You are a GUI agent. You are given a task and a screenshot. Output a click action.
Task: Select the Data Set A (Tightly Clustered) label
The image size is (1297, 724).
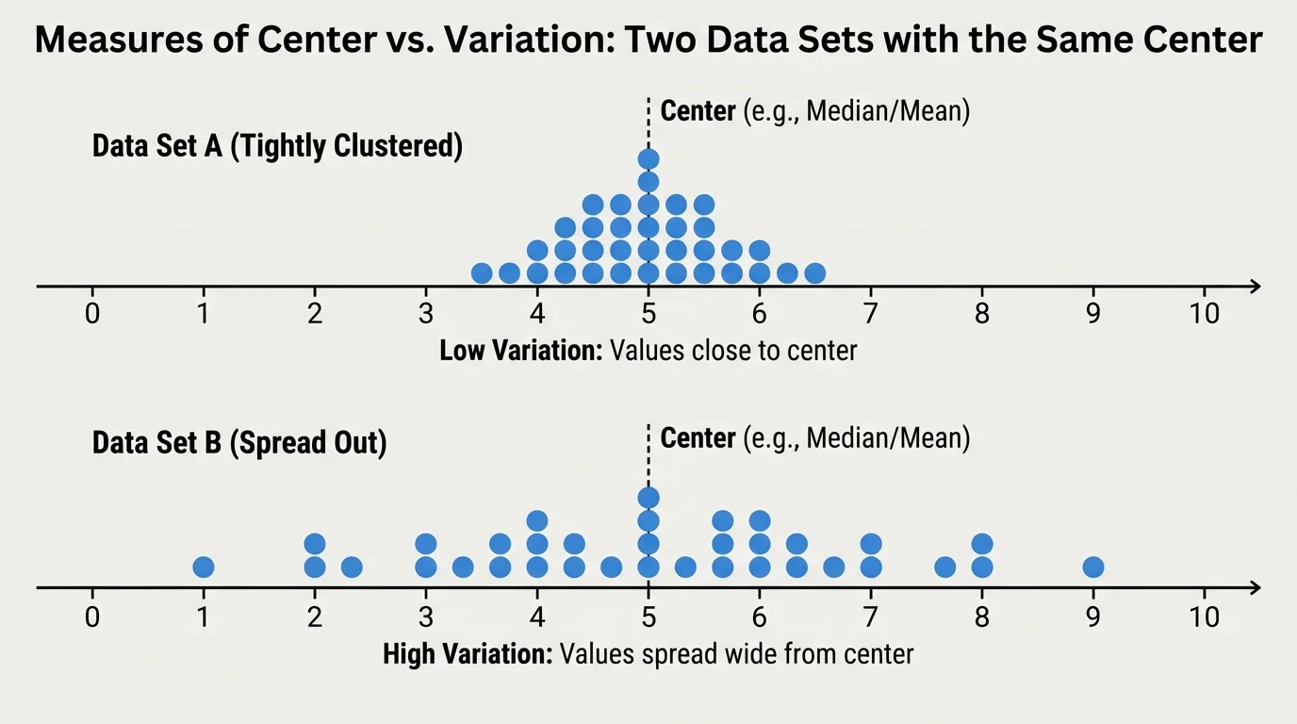pos(277,147)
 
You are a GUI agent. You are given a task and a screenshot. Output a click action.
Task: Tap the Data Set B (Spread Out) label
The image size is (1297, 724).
pos(239,444)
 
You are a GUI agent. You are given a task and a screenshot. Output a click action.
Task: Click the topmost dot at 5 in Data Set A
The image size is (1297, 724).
pos(648,158)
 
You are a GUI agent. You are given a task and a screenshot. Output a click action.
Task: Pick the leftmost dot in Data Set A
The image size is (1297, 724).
pos(482,273)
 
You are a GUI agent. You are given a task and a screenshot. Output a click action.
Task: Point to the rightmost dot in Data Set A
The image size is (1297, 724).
pos(815,273)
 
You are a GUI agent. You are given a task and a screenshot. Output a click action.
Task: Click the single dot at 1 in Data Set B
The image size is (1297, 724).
pos(204,567)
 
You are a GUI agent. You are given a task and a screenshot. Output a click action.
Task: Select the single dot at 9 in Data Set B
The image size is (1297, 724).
pos(1093,567)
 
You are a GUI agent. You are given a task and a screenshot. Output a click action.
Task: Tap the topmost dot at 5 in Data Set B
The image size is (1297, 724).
pos(648,498)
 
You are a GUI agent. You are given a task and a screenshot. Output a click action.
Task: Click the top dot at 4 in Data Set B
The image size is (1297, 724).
pos(537,520)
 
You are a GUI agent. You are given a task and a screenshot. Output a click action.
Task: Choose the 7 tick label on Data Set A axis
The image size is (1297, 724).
pos(871,314)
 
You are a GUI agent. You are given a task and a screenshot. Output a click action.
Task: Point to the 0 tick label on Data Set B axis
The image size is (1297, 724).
pos(92,617)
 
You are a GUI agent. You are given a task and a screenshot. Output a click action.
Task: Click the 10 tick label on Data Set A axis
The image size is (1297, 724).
pos(1204,314)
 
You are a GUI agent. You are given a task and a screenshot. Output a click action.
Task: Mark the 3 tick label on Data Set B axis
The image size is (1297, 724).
pos(426,617)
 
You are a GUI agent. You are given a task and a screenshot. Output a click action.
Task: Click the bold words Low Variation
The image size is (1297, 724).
pos(520,352)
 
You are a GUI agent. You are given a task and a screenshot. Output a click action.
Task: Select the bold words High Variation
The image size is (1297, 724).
pos(468,654)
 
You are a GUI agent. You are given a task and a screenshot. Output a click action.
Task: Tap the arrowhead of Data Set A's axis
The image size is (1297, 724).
pos(1255,286)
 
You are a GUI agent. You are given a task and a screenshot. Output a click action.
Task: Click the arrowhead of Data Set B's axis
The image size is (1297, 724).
pos(1255,587)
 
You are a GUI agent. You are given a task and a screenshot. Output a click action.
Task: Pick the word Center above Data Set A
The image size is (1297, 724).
pos(698,111)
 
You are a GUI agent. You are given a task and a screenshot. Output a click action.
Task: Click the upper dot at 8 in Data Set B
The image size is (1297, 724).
pos(982,544)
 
